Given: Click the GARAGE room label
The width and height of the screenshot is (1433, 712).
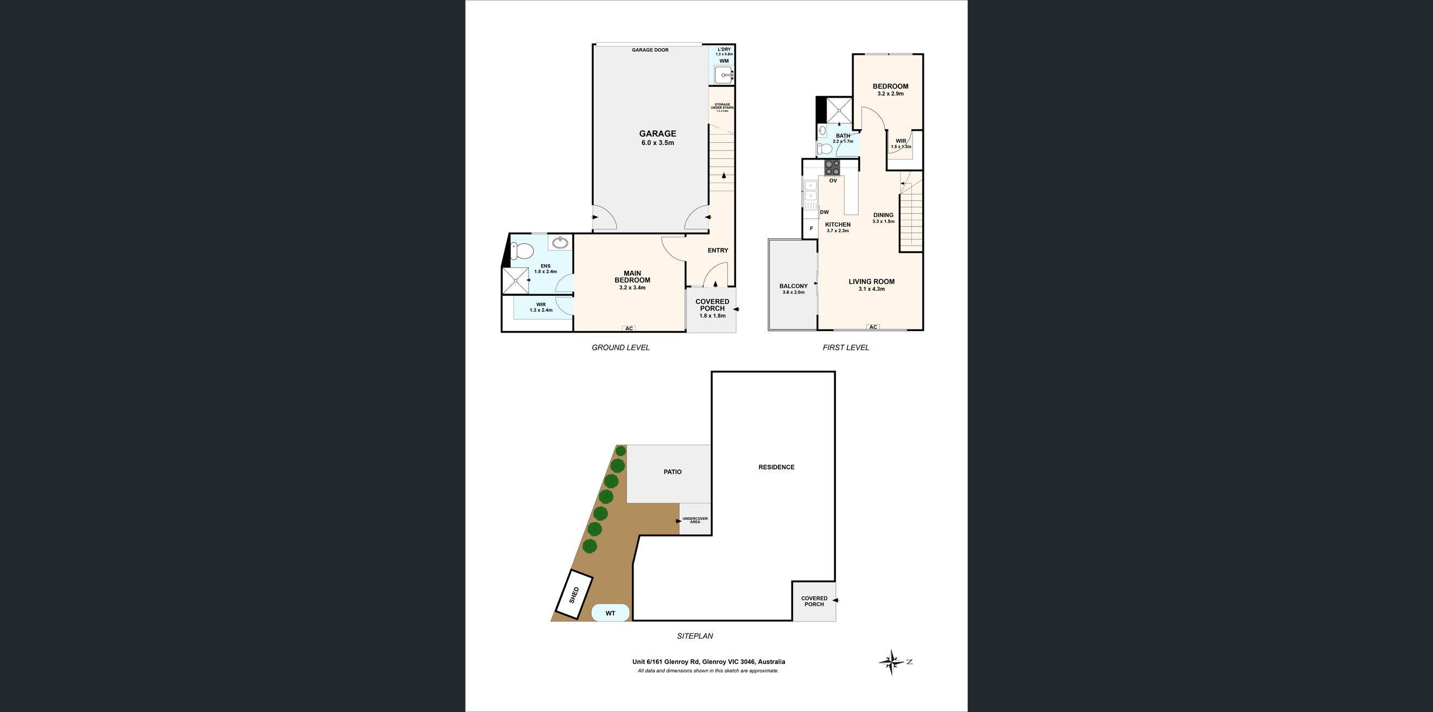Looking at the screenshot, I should coord(657,133).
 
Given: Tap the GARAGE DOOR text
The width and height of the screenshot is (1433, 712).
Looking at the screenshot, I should coord(650,50).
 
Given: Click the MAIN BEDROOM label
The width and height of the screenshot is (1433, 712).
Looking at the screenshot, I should coord(632,277).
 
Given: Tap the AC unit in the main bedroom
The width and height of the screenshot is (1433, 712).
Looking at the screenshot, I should coord(629,329).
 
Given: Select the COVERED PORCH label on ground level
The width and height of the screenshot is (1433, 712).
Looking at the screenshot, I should coord(712,305).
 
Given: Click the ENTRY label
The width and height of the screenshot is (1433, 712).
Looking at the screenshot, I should coord(718,250).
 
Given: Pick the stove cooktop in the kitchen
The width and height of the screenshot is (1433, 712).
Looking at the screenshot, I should coord(832,168).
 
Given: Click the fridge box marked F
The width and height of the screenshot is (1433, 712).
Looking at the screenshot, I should coord(810,228).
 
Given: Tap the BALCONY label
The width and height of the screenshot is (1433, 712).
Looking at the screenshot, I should coord(793,286).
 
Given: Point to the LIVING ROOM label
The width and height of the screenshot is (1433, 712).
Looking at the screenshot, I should coord(871,282).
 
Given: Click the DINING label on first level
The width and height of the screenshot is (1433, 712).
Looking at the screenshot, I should coord(883,215).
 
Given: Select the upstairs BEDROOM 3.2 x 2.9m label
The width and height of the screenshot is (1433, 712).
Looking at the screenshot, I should coord(890,86).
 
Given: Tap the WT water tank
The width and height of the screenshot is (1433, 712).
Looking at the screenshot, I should coord(610,613).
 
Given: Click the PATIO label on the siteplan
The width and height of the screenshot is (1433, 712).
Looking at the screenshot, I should coord(672,472).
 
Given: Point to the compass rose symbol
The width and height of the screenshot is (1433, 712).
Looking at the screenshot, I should coord(892,662).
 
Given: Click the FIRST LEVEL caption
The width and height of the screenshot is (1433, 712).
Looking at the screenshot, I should coord(845,347).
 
